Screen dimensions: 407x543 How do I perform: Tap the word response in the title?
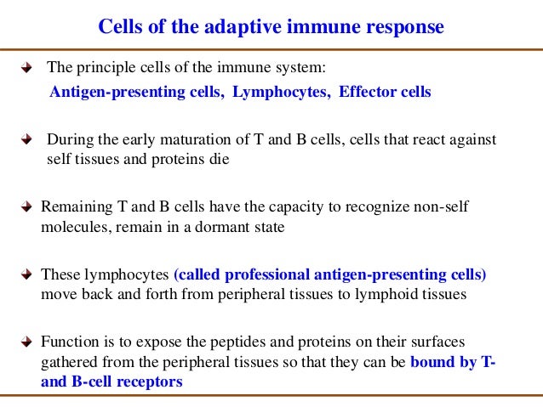402,27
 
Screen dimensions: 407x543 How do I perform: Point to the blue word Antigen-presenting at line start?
106,92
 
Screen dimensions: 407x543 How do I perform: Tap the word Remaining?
77,206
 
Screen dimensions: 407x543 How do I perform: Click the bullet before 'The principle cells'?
28,67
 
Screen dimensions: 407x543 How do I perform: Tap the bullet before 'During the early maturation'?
28,139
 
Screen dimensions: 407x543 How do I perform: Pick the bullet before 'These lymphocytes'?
28,275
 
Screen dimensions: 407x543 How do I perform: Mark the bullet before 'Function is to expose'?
28,342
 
